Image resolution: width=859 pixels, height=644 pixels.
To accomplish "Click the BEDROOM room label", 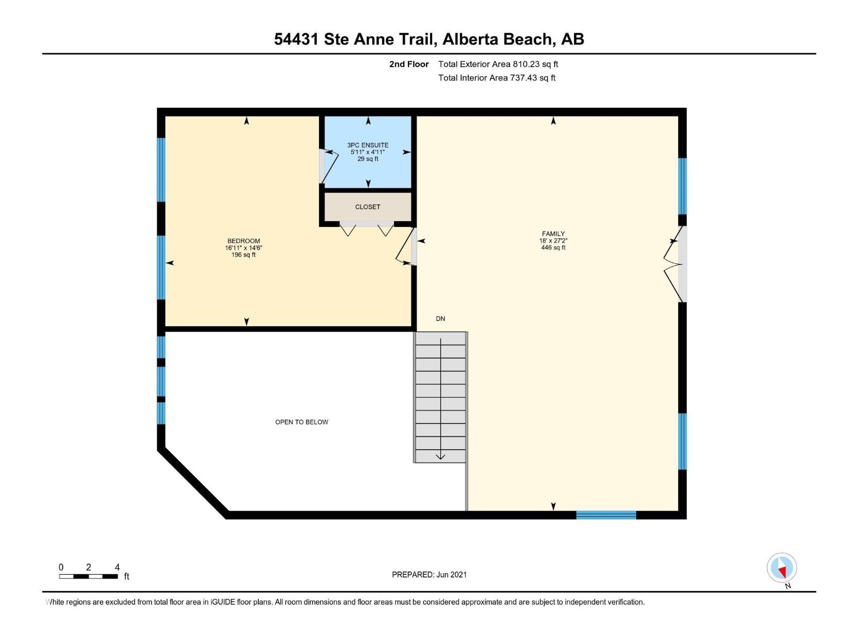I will pyautogui.click(x=243, y=241).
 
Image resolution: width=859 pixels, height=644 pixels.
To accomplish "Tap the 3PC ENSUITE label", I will pyautogui.click(x=368, y=145).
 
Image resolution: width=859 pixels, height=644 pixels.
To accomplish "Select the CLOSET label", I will pyautogui.click(x=368, y=207).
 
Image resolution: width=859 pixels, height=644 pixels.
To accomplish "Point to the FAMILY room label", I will pyautogui.click(x=553, y=233).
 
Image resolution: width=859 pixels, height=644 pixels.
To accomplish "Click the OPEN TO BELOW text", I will pyautogui.click(x=302, y=422).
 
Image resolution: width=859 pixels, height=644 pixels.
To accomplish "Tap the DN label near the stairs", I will pyautogui.click(x=440, y=319).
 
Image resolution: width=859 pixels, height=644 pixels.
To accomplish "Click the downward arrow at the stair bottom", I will pyautogui.click(x=440, y=456).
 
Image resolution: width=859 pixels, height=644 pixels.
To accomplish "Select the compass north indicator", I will pyautogui.click(x=782, y=568).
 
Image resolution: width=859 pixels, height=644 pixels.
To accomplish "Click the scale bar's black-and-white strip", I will pyautogui.click(x=89, y=576).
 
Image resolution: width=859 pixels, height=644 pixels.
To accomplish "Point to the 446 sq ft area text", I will pyautogui.click(x=553, y=248).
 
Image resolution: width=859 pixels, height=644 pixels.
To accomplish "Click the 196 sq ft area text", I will pyautogui.click(x=243, y=255).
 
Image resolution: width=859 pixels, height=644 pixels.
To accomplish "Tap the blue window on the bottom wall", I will pyautogui.click(x=606, y=515).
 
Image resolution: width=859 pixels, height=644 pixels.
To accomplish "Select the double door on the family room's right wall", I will pyautogui.click(x=675, y=264).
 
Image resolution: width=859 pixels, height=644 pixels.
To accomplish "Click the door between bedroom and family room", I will pyautogui.click(x=406, y=247).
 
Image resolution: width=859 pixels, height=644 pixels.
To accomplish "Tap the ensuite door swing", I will pyautogui.click(x=329, y=166).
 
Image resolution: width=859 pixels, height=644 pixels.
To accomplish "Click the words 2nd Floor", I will pyautogui.click(x=409, y=64).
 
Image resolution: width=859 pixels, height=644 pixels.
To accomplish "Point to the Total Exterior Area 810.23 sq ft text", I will pyautogui.click(x=498, y=64).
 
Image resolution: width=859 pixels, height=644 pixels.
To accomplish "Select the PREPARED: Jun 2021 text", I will pyautogui.click(x=429, y=574).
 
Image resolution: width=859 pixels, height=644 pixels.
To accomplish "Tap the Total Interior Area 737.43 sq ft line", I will pyautogui.click(x=497, y=78).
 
